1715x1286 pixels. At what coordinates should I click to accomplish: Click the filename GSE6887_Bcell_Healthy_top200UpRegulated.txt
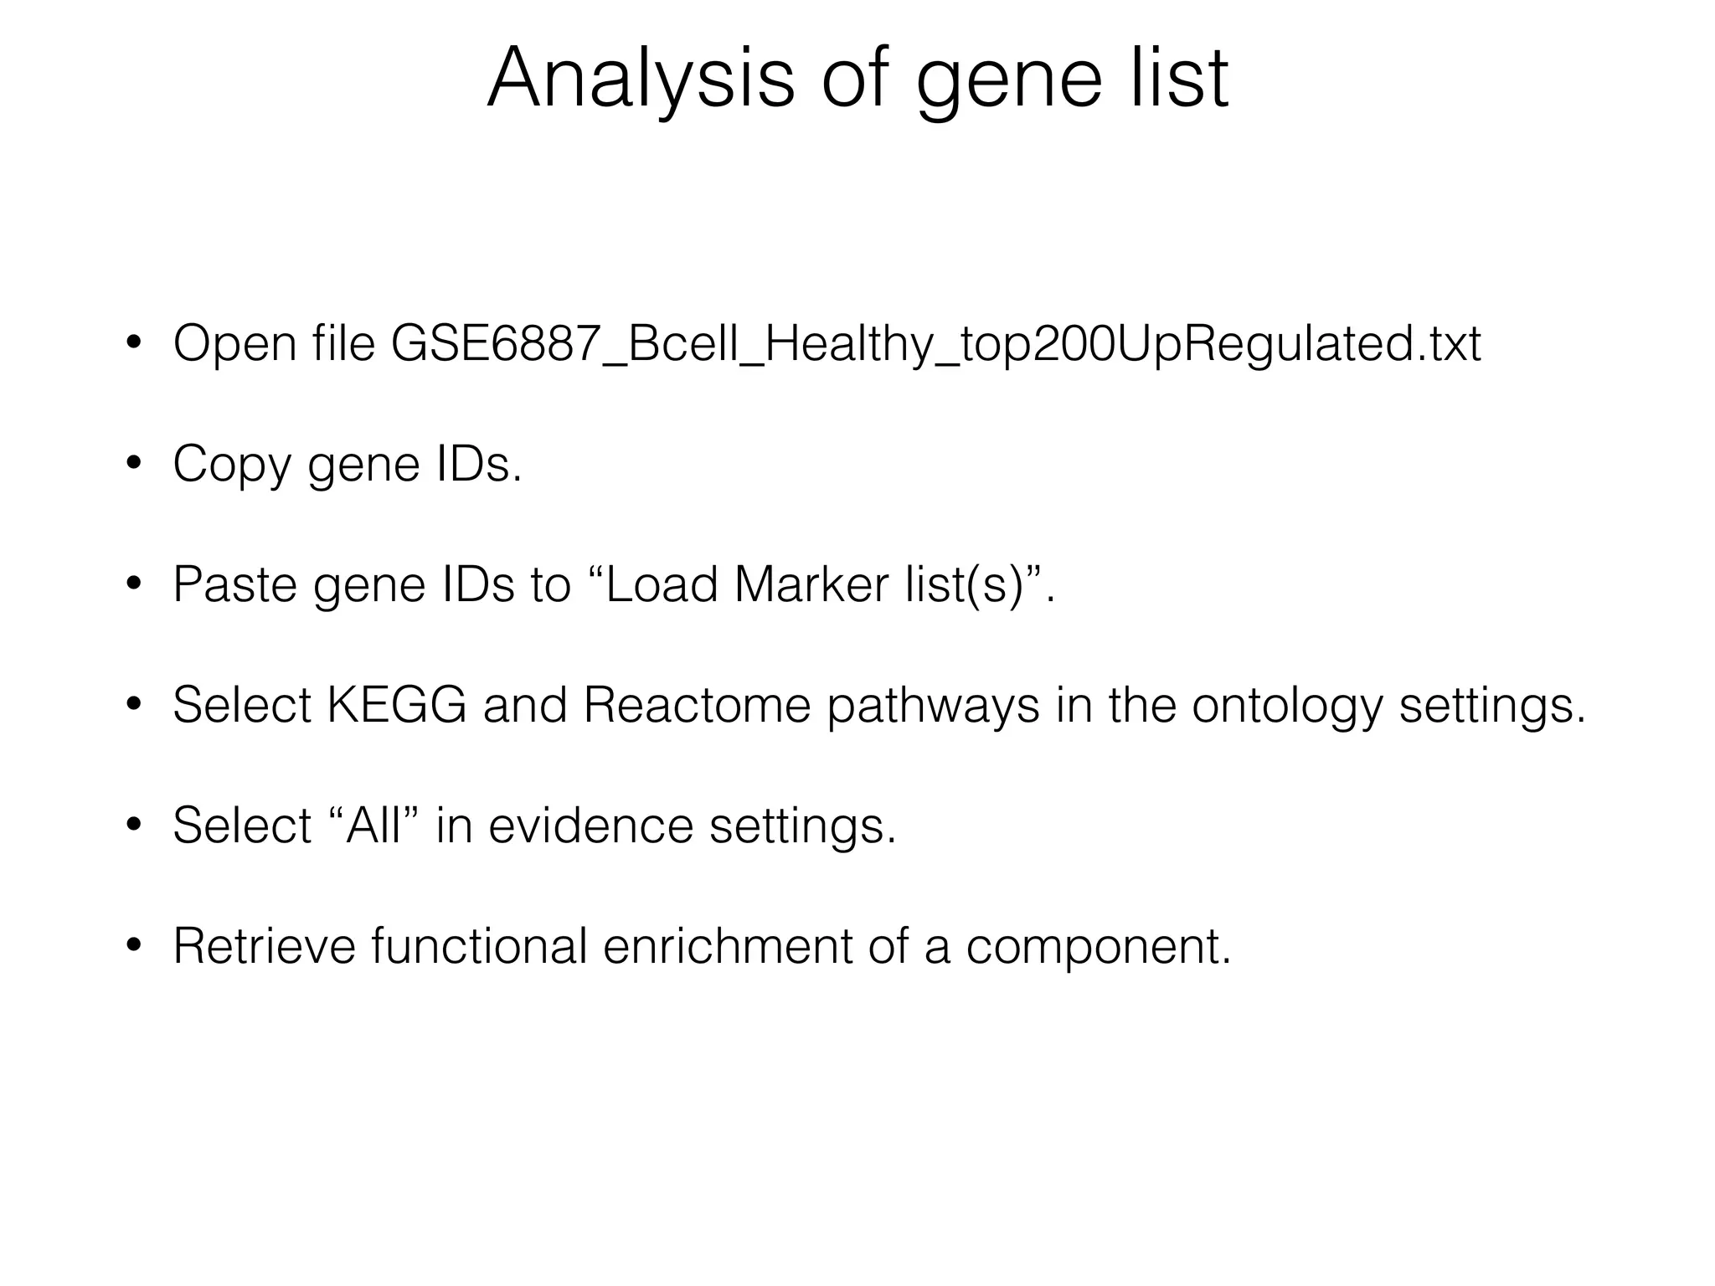(935, 344)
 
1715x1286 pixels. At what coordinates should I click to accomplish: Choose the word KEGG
(396, 705)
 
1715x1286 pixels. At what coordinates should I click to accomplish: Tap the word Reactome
(697, 705)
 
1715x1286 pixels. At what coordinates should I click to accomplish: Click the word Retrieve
(264, 946)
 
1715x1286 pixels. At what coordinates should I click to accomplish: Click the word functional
(479, 946)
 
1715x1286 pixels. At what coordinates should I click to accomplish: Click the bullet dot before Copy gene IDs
(132, 465)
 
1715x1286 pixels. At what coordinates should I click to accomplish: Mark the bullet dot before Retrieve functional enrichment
(132, 946)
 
